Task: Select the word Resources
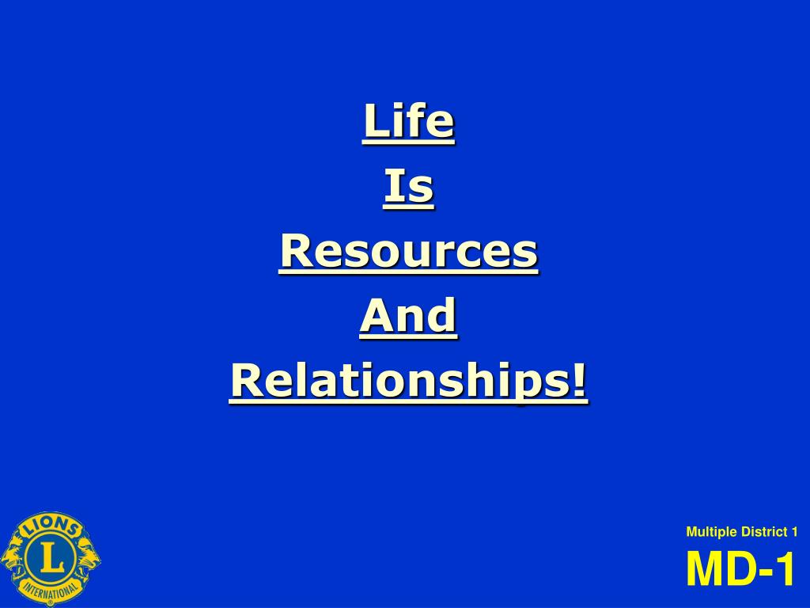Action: [408, 252]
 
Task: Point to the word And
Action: [408, 317]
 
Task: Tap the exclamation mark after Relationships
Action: [581, 381]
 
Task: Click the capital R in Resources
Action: [294, 252]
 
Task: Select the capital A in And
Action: [375, 317]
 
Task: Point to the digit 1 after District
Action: [794, 532]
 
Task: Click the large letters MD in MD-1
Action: [719, 570]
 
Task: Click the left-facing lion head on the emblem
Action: [13, 558]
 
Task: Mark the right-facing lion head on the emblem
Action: [89, 558]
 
